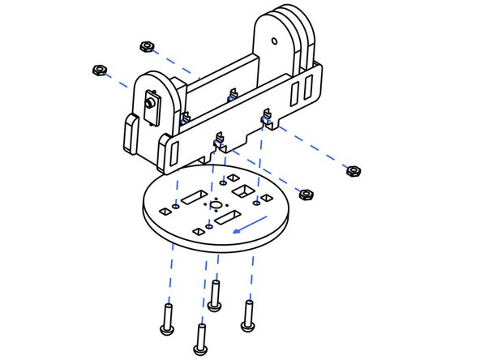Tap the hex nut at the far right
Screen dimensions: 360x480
tap(353, 171)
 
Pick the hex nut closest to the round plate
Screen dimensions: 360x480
tap(306, 194)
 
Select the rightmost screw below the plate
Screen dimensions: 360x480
tap(248, 314)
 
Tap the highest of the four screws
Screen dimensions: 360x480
tap(214, 295)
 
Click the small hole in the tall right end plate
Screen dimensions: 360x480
tap(274, 38)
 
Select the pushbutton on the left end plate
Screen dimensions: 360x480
tap(150, 105)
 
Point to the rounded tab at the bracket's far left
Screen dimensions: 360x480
tap(130, 133)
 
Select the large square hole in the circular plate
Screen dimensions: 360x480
tap(242, 191)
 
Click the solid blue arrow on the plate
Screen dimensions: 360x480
tap(252, 225)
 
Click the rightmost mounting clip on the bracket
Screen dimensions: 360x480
tap(265, 121)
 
